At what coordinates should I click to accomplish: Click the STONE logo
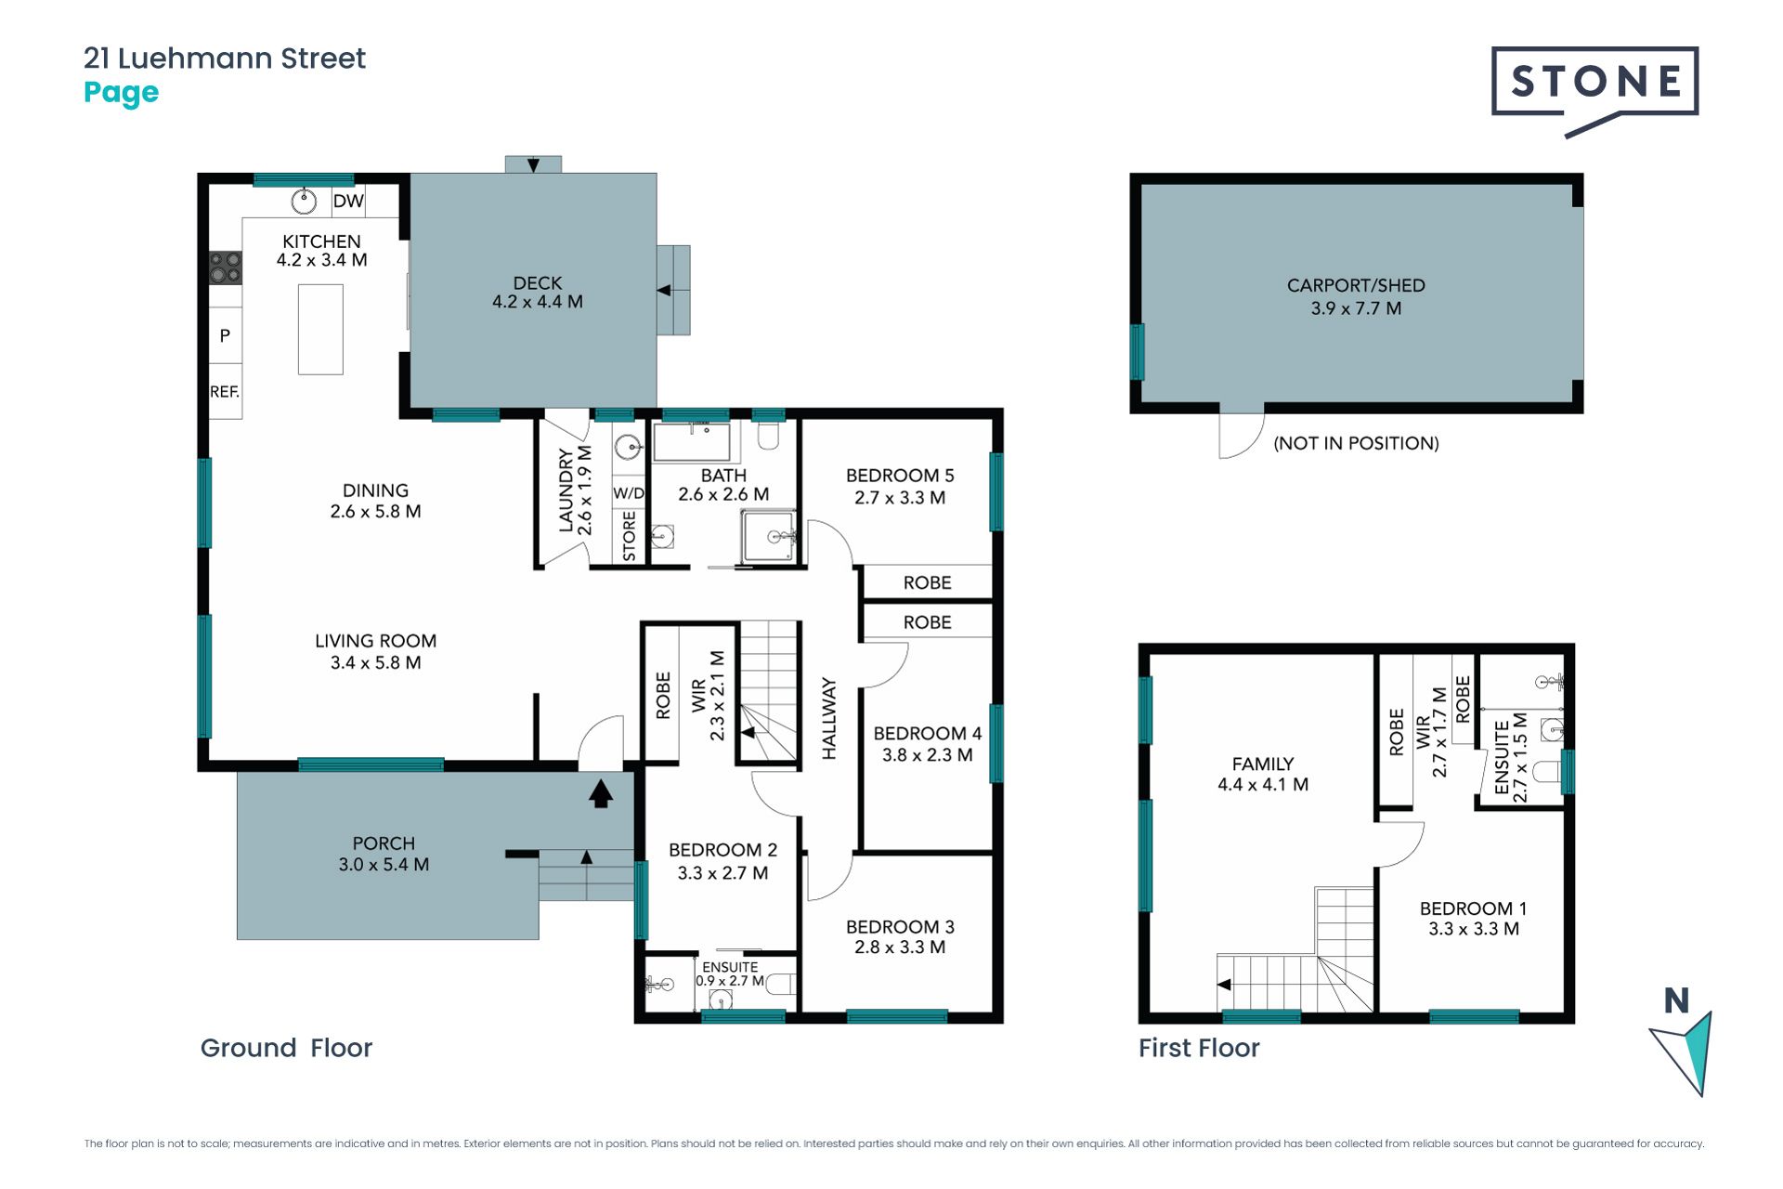coord(1594,88)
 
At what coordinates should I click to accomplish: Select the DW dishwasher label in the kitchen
coord(348,201)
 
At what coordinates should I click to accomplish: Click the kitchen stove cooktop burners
coord(226,268)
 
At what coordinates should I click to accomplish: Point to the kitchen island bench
coord(320,329)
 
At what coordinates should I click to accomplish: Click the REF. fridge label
coord(225,392)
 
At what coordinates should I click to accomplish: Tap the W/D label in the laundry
coord(629,493)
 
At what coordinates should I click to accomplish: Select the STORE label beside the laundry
coord(630,535)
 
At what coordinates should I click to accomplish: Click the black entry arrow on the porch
coord(601,793)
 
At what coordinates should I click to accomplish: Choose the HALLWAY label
coord(829,719)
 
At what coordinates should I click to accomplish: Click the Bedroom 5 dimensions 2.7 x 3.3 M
coord(900,498)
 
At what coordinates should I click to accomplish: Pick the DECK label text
coord(538,282)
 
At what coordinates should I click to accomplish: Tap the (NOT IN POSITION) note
coord(1356,443)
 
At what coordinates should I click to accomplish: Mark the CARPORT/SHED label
coord(1356,286)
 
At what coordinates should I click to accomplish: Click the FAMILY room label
coord(1263,764)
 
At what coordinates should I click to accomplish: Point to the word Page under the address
coord(122,93)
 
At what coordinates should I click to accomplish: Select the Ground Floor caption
coord(286,1048)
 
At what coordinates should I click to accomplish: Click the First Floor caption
coord(1199,1048)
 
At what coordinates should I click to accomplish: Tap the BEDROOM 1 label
coord(1473,908)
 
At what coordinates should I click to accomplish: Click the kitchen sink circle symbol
coord(304,201)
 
